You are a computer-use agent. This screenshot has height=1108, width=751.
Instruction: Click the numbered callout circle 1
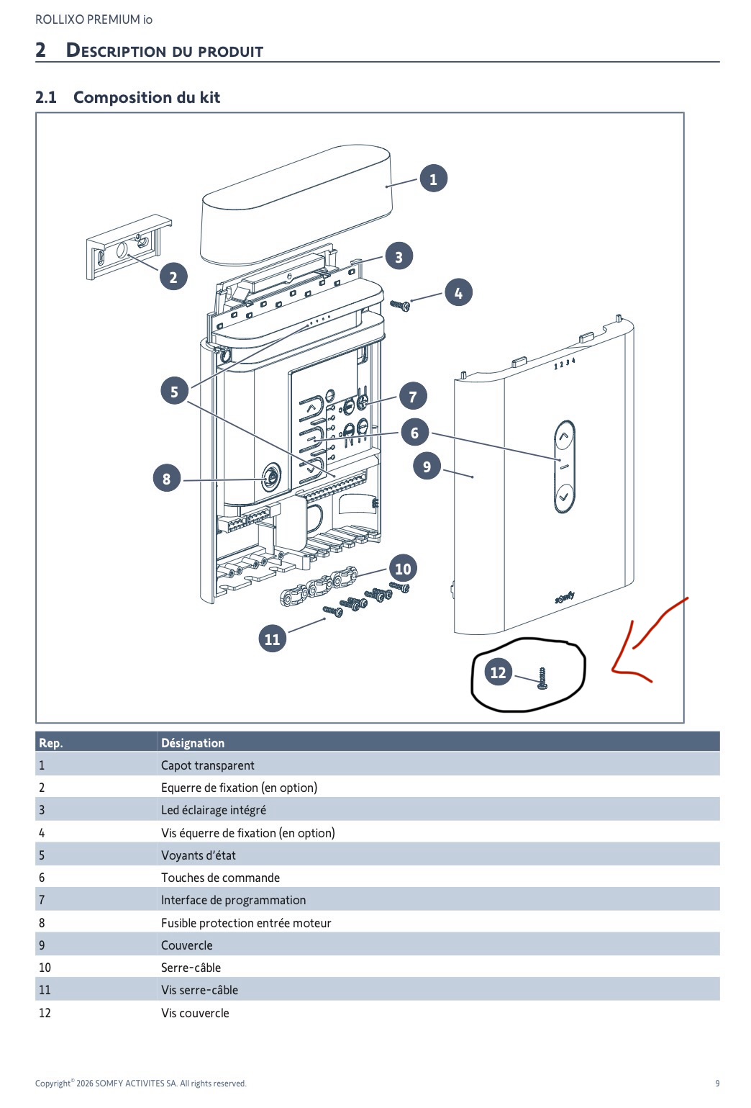[433, 179]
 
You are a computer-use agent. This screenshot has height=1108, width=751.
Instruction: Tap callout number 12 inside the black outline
[498, 672]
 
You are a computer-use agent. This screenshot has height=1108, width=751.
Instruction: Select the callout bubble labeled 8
[166, 478]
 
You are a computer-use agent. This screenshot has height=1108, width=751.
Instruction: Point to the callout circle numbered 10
[403, 569]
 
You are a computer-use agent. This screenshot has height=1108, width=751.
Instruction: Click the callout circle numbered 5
[174, 391]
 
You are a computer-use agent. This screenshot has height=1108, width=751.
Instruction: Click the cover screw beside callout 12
[542, 678]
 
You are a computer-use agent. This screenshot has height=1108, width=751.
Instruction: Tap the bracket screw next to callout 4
[401, 305]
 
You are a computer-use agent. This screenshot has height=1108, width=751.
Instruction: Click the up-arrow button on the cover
[564, 436]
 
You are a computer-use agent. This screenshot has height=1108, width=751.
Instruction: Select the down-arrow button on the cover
[564, 497]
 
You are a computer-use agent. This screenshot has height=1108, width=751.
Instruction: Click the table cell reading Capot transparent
[208, 765]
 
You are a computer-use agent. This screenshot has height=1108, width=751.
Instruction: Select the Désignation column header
[193, 743]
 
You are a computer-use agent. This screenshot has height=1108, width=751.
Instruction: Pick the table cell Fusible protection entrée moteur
[246, 922]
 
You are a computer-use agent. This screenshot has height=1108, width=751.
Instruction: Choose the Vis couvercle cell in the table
[195, 1012]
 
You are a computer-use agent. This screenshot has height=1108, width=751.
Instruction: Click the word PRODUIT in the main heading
[230, 51]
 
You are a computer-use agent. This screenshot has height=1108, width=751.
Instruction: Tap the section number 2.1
[46, 97]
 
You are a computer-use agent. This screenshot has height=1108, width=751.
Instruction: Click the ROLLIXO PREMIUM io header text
[94, 19]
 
